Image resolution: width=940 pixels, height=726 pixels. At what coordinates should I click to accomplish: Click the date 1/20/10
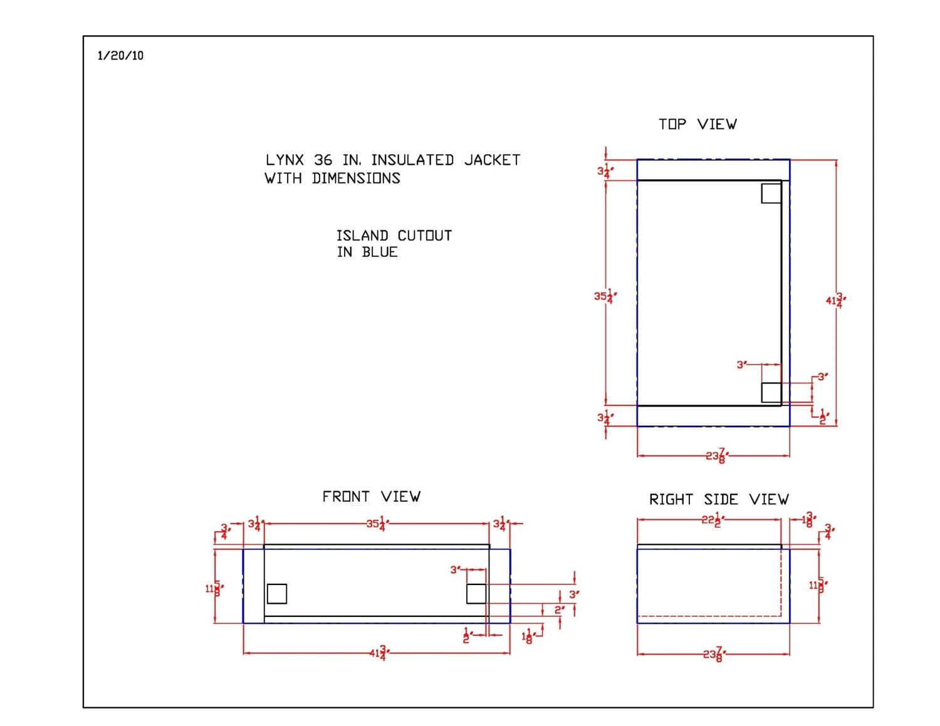click(x=120, y=56)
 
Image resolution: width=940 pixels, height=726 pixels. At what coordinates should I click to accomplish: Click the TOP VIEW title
click(x=697, y=124)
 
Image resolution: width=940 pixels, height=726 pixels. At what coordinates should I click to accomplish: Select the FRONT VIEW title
click(x=371, y=497)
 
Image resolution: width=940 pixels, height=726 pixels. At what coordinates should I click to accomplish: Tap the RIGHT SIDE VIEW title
click(x=719, y=499)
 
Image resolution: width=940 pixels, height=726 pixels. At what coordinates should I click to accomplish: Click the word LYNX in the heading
click(x=285, y=160)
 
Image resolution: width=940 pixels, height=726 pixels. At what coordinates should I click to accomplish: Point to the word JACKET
click(x=492, y=160)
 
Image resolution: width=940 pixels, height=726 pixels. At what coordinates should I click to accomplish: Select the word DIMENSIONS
click(x=356, y=179)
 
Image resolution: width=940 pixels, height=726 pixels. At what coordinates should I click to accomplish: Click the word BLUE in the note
click(x=380, y=252)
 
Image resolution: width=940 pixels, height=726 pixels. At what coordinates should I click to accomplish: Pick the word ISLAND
click(x=362, y=236)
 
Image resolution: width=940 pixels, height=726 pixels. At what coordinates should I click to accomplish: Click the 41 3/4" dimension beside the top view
click(x=835, y=300)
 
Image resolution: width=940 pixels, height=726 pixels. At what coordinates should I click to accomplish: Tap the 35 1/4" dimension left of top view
click(x=605, y=296)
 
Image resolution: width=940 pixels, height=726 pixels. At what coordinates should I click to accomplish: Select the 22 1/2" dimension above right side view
click(x=713, y=519)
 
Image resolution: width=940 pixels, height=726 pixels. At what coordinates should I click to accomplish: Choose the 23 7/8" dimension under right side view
click(x=713, y=655)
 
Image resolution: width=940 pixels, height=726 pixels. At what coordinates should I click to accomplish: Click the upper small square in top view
click(x=771, y=194)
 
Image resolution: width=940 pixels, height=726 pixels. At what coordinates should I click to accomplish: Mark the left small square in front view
click(x=277, y=593)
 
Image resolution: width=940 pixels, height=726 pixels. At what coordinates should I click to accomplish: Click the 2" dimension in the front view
click(x=559, y=609)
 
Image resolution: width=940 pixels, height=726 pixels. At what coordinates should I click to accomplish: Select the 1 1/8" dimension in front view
click(x=528, y=636)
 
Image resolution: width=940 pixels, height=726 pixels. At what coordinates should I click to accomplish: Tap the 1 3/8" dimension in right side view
click(x=809, y=519)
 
